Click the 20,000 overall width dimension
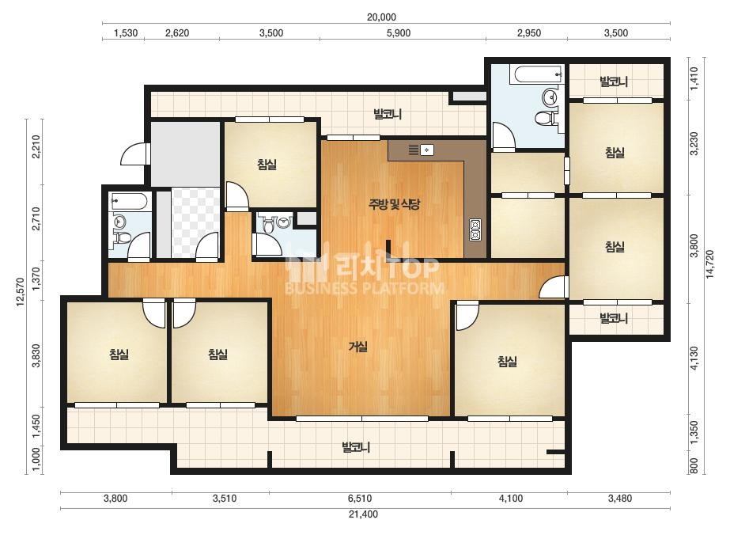[x=381, y=17]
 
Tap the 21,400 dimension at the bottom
[x=363, y=514]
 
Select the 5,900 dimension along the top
[x=399, y=33]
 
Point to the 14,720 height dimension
[x=710, y=264]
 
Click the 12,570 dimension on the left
[x=20, y=292]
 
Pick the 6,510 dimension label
[x=360, y=499]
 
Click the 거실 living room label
[x=358, y=347]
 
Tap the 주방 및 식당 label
[x=395, y=204]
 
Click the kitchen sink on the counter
[x=427, y=150]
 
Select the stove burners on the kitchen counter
[x=475, y=230]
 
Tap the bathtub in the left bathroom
[x=129, y=201]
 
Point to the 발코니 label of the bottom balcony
[x=356, y=448]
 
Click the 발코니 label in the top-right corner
[x=614, y=82]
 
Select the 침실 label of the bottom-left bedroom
[x=119, y=355]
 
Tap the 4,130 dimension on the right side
[x=694, y=358]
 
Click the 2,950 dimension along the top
[x=529, y=33]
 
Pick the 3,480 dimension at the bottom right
[x=620, y=499]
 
